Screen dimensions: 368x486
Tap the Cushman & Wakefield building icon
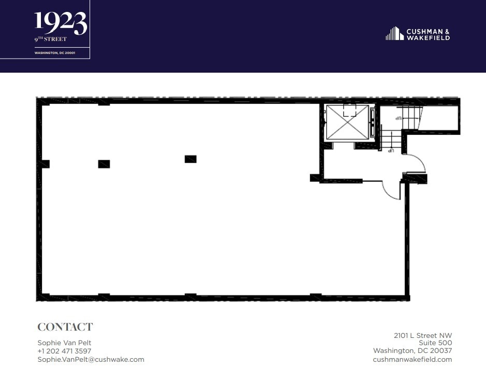394,34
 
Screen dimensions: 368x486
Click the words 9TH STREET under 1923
51,39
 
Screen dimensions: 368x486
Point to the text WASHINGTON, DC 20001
55,52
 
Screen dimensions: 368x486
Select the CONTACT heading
65,327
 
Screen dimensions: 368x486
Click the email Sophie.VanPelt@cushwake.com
91,359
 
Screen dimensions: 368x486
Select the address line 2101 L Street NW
422,335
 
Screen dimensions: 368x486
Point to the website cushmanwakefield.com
412,359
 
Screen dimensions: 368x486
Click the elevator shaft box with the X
347,122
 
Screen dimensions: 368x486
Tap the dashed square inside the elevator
350,111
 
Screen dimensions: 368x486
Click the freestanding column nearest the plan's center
190,159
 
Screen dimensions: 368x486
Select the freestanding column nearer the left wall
104,164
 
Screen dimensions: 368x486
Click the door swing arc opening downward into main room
391,191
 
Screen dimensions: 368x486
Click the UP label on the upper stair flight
399,119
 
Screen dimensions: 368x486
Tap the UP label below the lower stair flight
392,151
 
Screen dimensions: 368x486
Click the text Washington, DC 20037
412,351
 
